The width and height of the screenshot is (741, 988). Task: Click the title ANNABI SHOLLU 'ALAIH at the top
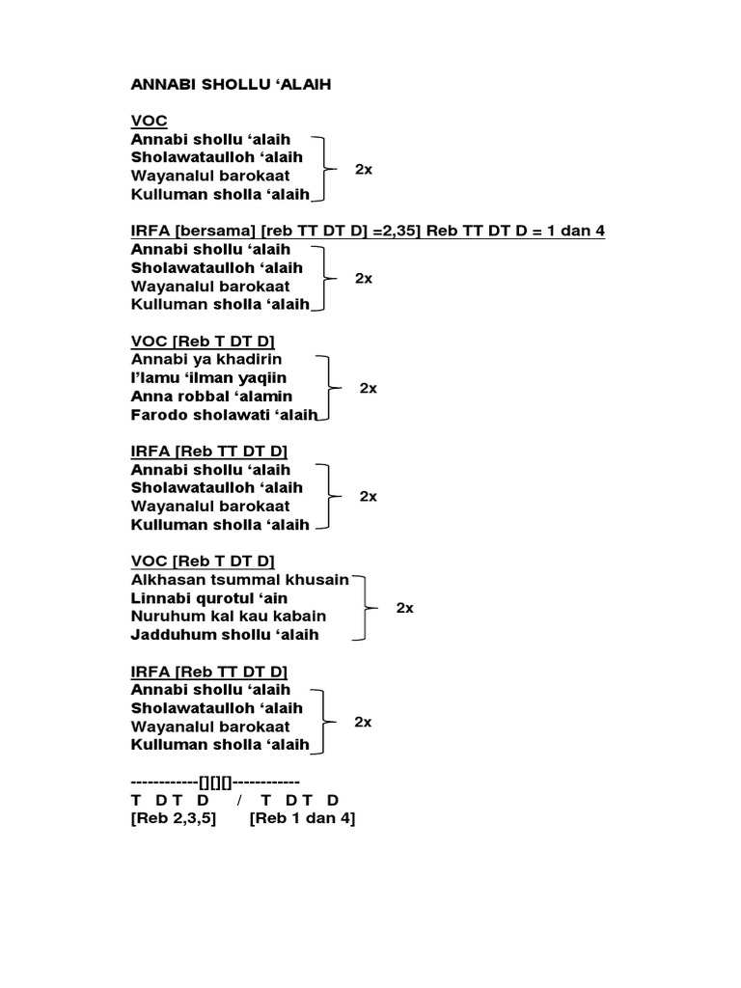tap(231, 84)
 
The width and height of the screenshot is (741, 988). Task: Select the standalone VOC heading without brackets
tap(148, 121)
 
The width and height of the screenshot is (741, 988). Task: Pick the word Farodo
tap(157, 415)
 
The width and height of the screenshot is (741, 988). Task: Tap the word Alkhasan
tap(165, 580)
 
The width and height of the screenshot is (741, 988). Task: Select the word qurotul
tap(213, 598)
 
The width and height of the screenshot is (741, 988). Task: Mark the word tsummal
tap(239, 580)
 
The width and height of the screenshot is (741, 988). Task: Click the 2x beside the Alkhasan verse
tap(405, 609)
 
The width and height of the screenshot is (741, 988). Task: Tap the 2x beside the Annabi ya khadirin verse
tap(369, 388)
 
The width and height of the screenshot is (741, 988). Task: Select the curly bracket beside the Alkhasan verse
tap(366, 608)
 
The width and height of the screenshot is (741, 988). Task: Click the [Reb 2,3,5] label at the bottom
tap(174, 819)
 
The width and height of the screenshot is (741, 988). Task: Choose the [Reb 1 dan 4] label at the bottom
tap(302, 819)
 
